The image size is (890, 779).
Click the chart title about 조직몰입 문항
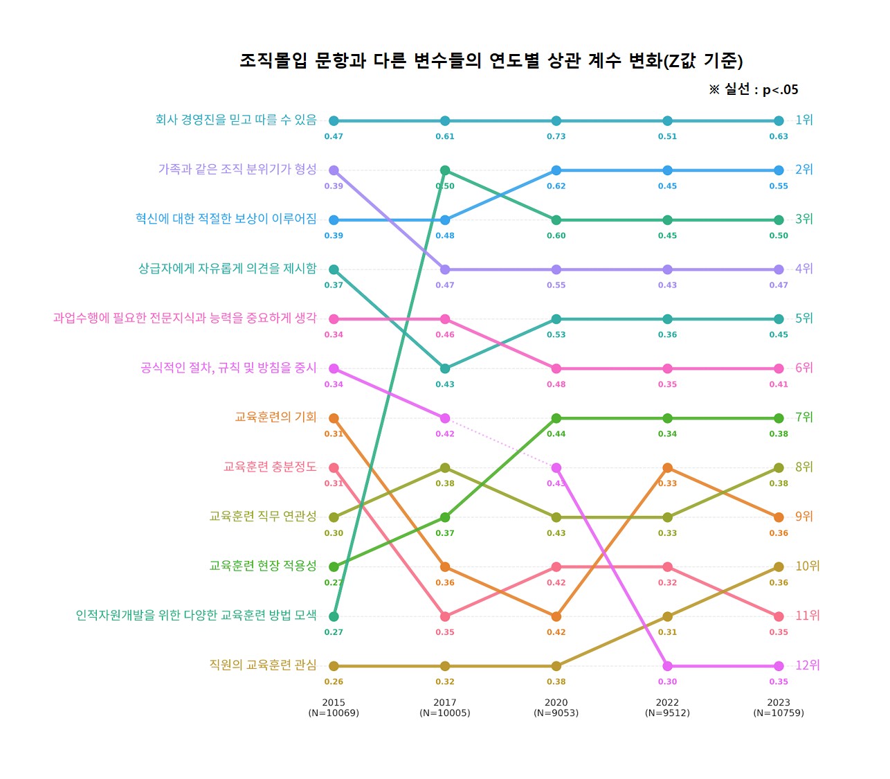coord(491,61)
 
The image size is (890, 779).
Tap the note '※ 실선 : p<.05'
coord(753,89)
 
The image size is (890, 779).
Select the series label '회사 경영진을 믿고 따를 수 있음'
coord(236,120)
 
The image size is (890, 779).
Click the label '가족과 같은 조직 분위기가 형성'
coord(237,169)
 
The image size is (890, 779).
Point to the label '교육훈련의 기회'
coord(275,417)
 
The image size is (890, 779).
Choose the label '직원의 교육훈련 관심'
coord(263,665)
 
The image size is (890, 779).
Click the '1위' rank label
coord(803,120)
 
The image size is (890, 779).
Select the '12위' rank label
coord(807,665)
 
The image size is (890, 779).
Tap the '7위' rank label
coord(803,417)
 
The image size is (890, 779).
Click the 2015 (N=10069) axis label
coord(334,708)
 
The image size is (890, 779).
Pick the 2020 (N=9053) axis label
coord(556,708)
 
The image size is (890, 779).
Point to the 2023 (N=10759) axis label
coord(779,708)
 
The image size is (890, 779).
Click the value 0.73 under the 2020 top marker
coord(556,136)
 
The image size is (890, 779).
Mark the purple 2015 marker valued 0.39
coord(334,170)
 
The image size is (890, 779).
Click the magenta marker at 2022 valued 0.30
coord(667,666)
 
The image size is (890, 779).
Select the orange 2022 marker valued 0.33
coord(667,468)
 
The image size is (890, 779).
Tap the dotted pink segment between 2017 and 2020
coord(500,443)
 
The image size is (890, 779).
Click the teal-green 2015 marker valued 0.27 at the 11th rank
coord(334,616)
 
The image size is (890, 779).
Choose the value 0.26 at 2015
coord(334,682)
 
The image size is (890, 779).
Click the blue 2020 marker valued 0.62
coord(556,170)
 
